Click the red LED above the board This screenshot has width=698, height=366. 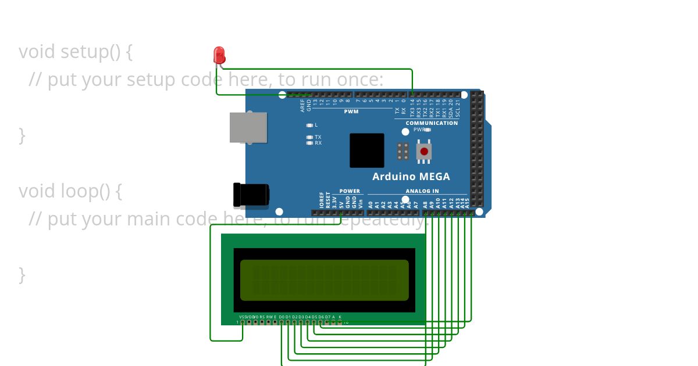tap(219, 55)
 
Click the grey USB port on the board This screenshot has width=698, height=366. tap(248, 127)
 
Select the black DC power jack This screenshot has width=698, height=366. tap(251, 195)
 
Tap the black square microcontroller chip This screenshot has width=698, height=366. tap(366, 150)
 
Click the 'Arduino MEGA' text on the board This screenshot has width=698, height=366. tap(411, 177)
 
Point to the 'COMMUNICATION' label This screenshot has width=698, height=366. tap(432, 123)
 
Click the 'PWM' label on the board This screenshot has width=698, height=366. tap(351, 112)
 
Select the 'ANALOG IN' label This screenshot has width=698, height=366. tap(422, 191)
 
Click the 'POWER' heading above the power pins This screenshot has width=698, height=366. tap(350, 191)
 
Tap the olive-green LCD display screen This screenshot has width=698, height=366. tap(325, 280)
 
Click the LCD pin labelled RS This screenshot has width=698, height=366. tap(262, 322)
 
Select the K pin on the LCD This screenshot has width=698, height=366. tap(340, 322)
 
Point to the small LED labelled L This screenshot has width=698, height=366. tap(310, 125)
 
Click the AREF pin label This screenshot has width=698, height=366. tap(302, 105)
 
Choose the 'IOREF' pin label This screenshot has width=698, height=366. tap(321, 200)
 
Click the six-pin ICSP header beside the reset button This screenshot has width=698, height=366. tap(403, 151)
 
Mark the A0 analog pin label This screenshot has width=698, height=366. tap(371, 204)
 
